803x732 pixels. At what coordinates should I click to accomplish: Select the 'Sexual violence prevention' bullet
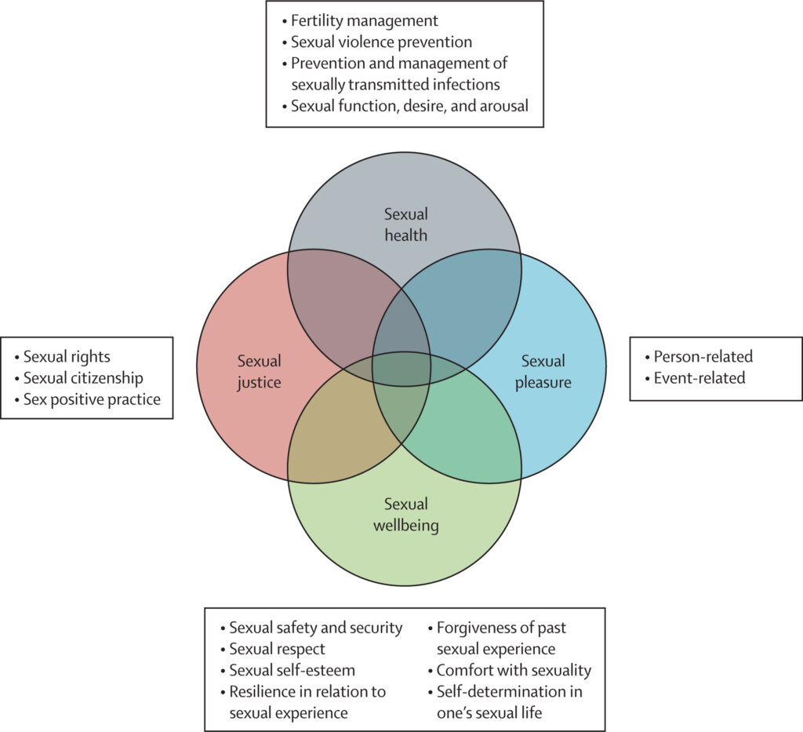tap(376, 42)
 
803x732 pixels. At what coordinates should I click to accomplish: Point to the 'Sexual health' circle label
tap(405, 224)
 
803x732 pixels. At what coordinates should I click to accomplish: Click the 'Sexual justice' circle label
tap(259, 372)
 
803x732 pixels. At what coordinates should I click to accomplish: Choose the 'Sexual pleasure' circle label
tap(543, 372)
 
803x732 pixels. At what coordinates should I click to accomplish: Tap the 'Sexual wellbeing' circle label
tap(405, 515)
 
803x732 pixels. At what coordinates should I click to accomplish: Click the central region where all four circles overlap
tap(401, 369)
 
